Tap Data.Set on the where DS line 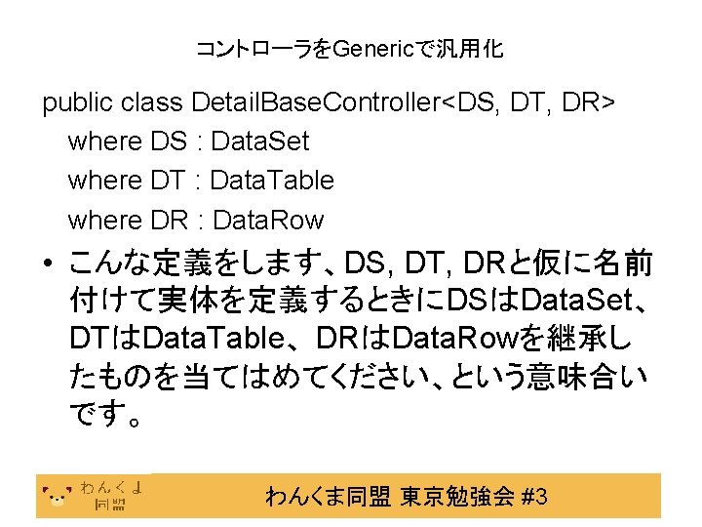pyautogui.click(x=260, y=142)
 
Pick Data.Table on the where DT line pyautogui.click(x=272, y=181)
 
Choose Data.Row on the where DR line pyautogui.click(x=268, y=220)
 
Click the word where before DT pyautogui.click(x=104, y=181)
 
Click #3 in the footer pyautogui.click(x=534, y=497)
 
